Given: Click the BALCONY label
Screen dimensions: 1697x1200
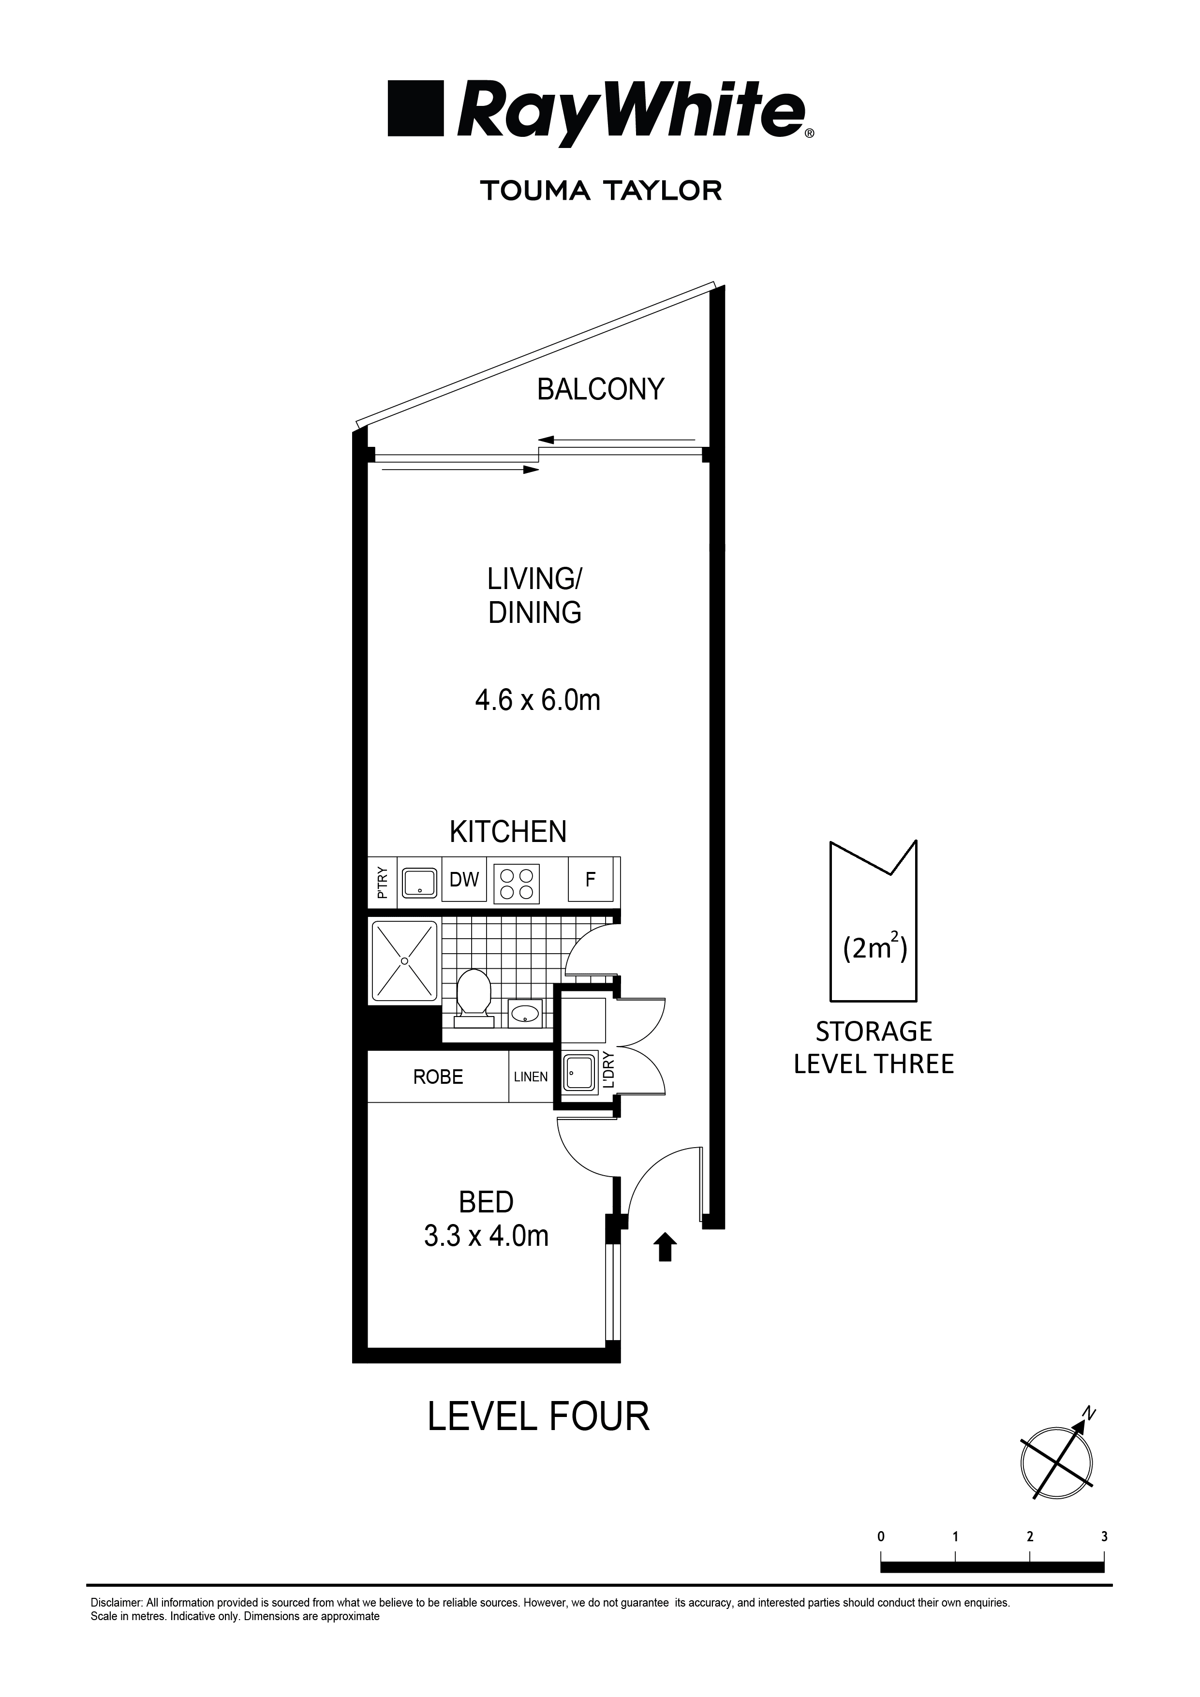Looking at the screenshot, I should (600, 389).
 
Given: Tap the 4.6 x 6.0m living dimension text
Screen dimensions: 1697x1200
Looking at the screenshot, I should (537, 699).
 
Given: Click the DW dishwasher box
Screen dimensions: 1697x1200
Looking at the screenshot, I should (464, 880).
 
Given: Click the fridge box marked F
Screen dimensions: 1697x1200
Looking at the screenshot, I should (590, 880).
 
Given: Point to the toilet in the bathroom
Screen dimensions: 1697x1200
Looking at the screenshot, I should (473, 996).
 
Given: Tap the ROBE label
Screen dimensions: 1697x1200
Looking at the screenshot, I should (438, 1077).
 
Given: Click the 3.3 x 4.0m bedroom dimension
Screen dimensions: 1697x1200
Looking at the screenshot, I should (486, 1235).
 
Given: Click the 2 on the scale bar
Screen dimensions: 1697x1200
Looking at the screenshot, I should (1029, 1535).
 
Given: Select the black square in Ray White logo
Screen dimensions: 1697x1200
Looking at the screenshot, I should (415, 109).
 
